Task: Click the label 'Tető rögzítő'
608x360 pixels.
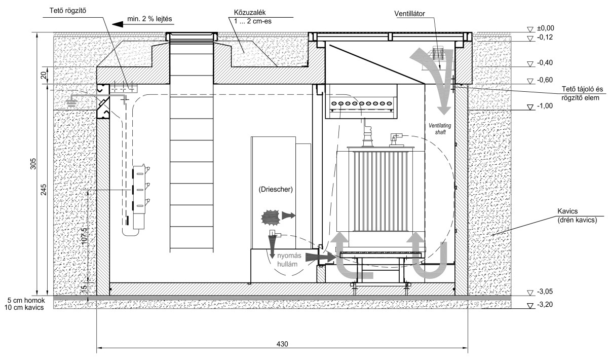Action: coord(67,11)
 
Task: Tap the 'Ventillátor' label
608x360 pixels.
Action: coord(409,14)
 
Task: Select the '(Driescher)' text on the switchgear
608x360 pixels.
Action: coord(276,189)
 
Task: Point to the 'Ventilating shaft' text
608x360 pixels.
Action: coord(440,129)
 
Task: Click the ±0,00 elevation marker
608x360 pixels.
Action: coord(546,28)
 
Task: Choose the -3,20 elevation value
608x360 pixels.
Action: coord(545,305)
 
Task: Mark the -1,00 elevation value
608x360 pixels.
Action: coord(545,106)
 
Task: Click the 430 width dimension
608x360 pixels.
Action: coord(282,344)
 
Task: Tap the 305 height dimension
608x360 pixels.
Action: coord(33,164)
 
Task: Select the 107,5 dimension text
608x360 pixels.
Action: coord(85,237)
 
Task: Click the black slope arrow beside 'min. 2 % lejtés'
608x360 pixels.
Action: coord(118,25)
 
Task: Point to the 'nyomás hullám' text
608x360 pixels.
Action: coord(289,260)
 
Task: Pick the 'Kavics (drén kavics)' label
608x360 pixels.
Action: coord(577,215)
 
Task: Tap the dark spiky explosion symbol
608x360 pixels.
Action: coord(271,217)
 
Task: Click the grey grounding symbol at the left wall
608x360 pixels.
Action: coord(71,102)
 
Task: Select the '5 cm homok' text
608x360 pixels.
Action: coord(26,300)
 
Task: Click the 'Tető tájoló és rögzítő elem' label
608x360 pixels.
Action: coord(581,93)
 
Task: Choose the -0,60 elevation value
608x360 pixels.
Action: coord(545,80)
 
